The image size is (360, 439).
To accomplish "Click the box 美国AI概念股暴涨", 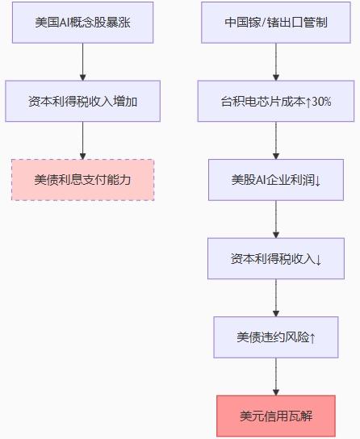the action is [82, 23].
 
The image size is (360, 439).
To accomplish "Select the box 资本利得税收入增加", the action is [82, 101].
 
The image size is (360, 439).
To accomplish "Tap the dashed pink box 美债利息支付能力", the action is [82, 180].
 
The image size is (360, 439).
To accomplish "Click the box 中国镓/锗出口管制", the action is [276, 23].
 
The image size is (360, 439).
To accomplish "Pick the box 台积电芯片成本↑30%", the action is [276, 101].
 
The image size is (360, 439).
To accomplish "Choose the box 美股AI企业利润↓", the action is [276, 180].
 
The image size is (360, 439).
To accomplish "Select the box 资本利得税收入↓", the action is [276, 258].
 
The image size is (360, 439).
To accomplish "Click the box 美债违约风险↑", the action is [276, 337].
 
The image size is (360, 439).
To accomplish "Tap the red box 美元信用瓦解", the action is [276, 416].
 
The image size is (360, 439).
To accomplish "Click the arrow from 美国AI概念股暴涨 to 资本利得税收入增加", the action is [82, 62].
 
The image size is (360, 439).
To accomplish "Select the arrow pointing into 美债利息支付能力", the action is [82, 140].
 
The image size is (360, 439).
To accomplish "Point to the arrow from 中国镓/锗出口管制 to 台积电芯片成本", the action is [276, 62].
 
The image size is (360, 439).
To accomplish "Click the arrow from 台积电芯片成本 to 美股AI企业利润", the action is [276, 140].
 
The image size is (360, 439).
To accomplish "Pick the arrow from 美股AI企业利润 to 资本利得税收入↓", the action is [276, 219].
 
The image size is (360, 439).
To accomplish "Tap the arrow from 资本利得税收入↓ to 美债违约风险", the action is [276, 298].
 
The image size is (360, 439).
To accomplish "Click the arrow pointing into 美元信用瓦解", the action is [276, 377].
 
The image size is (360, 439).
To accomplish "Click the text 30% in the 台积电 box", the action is [321, 102].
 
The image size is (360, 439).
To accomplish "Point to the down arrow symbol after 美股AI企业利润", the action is [317, 181].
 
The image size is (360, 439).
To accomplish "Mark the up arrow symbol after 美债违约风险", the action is [312, 338].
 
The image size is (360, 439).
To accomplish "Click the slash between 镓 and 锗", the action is [263, 23].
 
